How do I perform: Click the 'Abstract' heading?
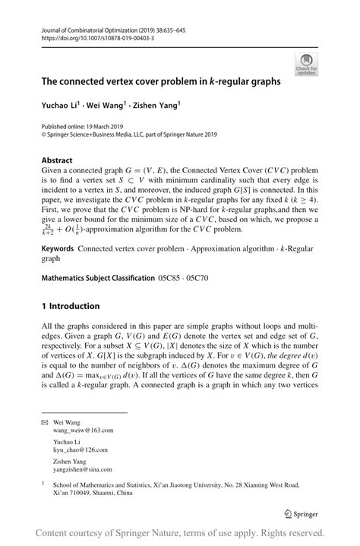pyautogui.click(x=57, y=160)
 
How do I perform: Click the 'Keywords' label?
pyautogui.click(x=58, y=248)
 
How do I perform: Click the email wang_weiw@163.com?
pyautogui.click(x=87, y=430)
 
